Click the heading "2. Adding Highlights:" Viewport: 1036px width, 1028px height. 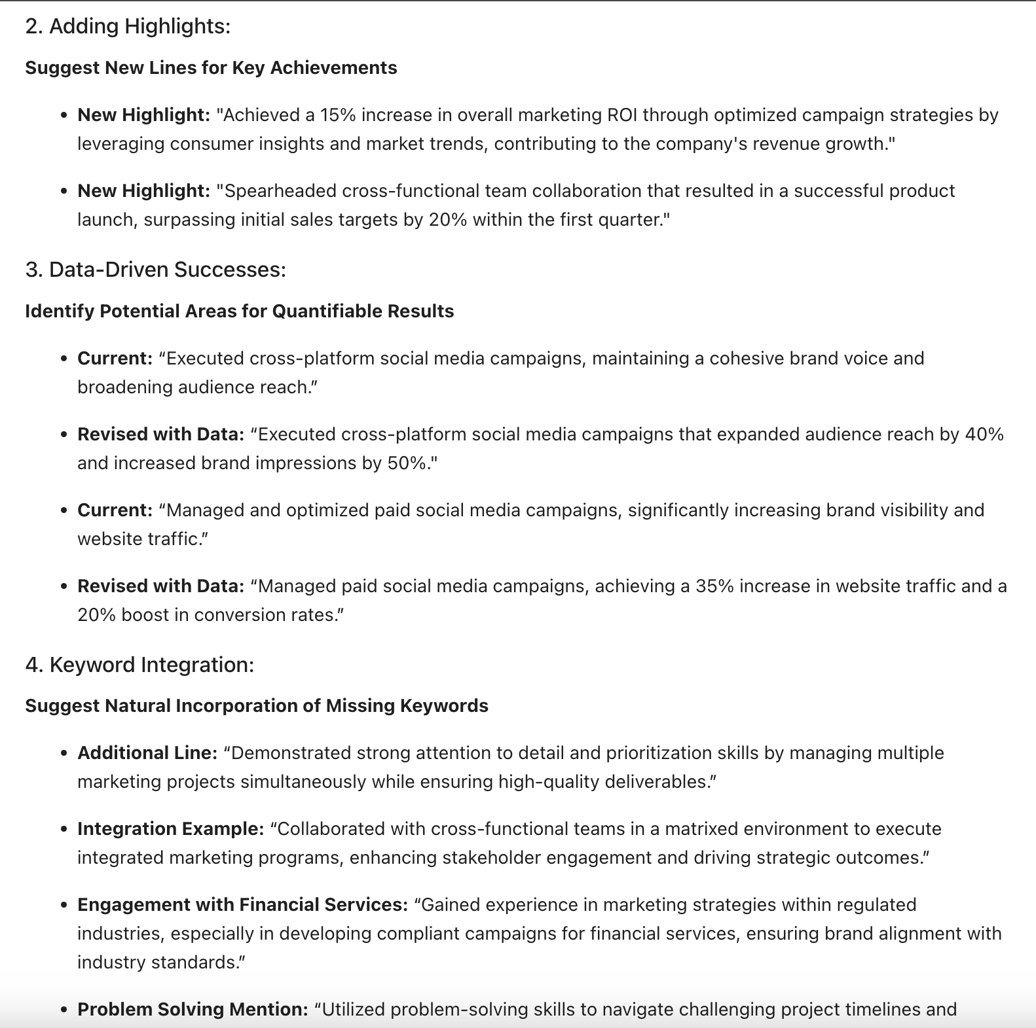tap(128, 26)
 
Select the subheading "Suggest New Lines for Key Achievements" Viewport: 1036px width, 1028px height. tap(211, 68)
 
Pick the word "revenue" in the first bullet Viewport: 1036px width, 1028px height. tap(785, 144)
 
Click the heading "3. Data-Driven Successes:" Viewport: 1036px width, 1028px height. tap(155, 270)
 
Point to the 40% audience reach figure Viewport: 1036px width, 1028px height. tap(984, 434)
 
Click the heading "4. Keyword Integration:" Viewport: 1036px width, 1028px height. tap(139, 665)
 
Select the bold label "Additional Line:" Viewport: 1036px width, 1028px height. tap(147, 753)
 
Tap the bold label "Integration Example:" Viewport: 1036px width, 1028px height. tap(171, 829)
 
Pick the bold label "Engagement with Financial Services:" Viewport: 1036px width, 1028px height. tap(243, 905)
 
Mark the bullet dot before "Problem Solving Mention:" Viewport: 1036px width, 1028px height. tap(64, 1010)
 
